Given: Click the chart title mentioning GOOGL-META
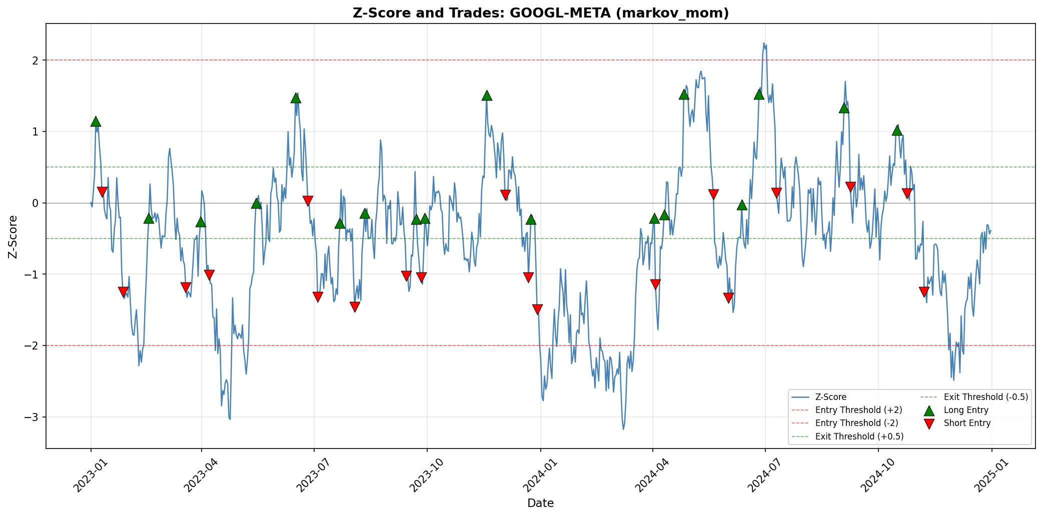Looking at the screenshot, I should coord(540,13).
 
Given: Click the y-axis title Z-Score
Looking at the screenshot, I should coord(14,236).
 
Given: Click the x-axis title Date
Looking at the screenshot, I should coord(540,503).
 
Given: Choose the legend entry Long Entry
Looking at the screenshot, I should coord(966,410).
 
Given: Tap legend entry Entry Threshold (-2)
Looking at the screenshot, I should coord(858,423).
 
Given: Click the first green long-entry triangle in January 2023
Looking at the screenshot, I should coord(96,121).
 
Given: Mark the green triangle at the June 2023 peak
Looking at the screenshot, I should coord(296,97).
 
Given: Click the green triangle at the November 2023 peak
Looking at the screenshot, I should coord(487,95).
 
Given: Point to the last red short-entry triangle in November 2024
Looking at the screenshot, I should coord(924,291).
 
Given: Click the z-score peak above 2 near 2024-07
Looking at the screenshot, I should coord(764,43).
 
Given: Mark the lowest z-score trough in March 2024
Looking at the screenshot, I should coord(623,429).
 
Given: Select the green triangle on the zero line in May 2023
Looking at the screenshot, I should coord(256,203).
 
